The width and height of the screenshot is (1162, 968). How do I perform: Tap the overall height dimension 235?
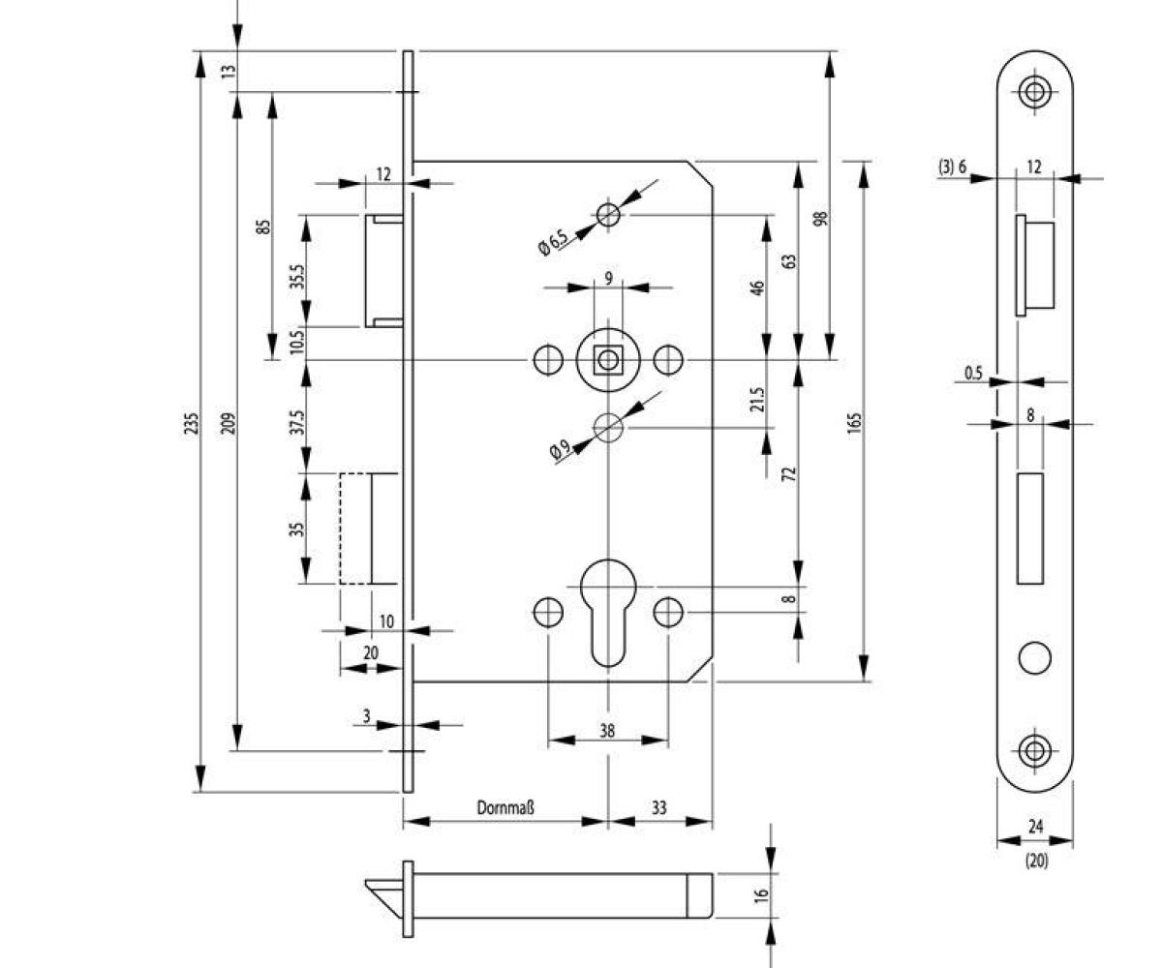pyautogui.click(x=191, y=423)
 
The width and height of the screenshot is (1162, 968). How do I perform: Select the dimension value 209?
pyautogui.click(x=229, y=423)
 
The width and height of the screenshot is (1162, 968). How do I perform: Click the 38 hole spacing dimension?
pyautogui.click(x=607, y=731)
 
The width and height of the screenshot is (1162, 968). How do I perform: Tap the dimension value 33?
pyautogui.click(x=658, y=807)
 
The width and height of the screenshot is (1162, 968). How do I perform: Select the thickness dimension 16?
pyautogui.click(x=760, y=894)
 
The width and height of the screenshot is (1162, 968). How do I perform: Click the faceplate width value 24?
pyautogui.click(x=1035, y=827)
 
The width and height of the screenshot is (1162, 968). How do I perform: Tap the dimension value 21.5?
pyautogui.click(x=758, y=400)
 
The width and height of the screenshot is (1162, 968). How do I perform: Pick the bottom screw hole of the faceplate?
pyautogui.click(x=1034, y=750)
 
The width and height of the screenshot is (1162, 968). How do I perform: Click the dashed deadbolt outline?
pyautogui.click(x=354, y=529)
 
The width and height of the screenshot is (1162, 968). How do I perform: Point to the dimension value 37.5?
pyautogui.click(x=296, y=423)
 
